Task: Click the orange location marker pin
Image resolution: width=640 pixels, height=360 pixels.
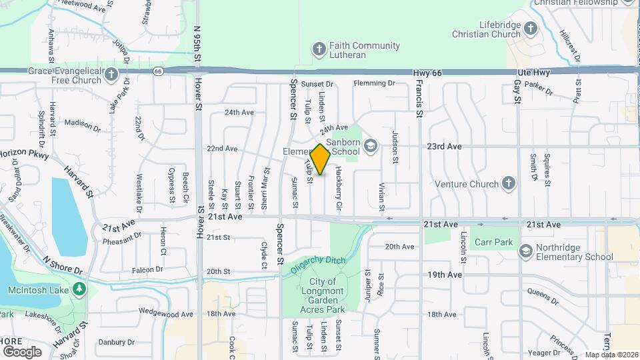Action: click(x=321, y=159)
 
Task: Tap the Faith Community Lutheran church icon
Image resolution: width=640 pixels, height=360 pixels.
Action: click(x=319, y=50)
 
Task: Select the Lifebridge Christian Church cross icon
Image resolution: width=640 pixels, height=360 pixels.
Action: click(x=531, y=29)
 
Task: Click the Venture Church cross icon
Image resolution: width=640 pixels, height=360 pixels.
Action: click(x=509, y=183)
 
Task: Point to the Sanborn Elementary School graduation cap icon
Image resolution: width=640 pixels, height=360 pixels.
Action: click(x=371, y=146)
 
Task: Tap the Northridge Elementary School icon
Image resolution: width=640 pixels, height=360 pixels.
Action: click(x=527, y=251)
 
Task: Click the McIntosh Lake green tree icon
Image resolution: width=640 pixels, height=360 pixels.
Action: click(x=79, y=289)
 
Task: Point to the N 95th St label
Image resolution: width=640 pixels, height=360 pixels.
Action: click(x=197, y=44)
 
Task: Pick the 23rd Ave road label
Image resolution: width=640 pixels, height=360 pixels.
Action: click(x=445, y=146)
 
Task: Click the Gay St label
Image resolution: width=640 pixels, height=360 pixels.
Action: click(x=517, y=91)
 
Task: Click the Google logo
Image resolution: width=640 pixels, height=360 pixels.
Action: click(x=22, y=351)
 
